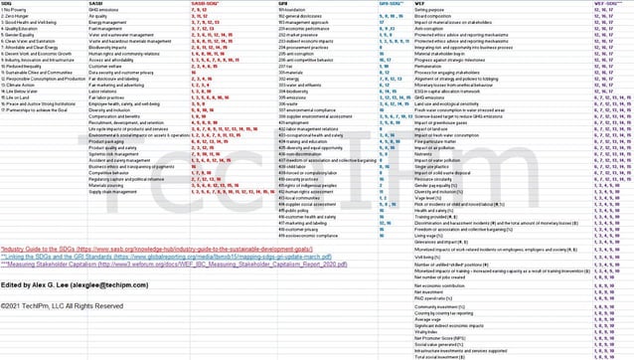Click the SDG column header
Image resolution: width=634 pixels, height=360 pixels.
(8, 3)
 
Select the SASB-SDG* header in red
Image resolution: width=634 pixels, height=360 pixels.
(206, 3)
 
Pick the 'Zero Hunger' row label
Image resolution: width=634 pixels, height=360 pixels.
(19, 17)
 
